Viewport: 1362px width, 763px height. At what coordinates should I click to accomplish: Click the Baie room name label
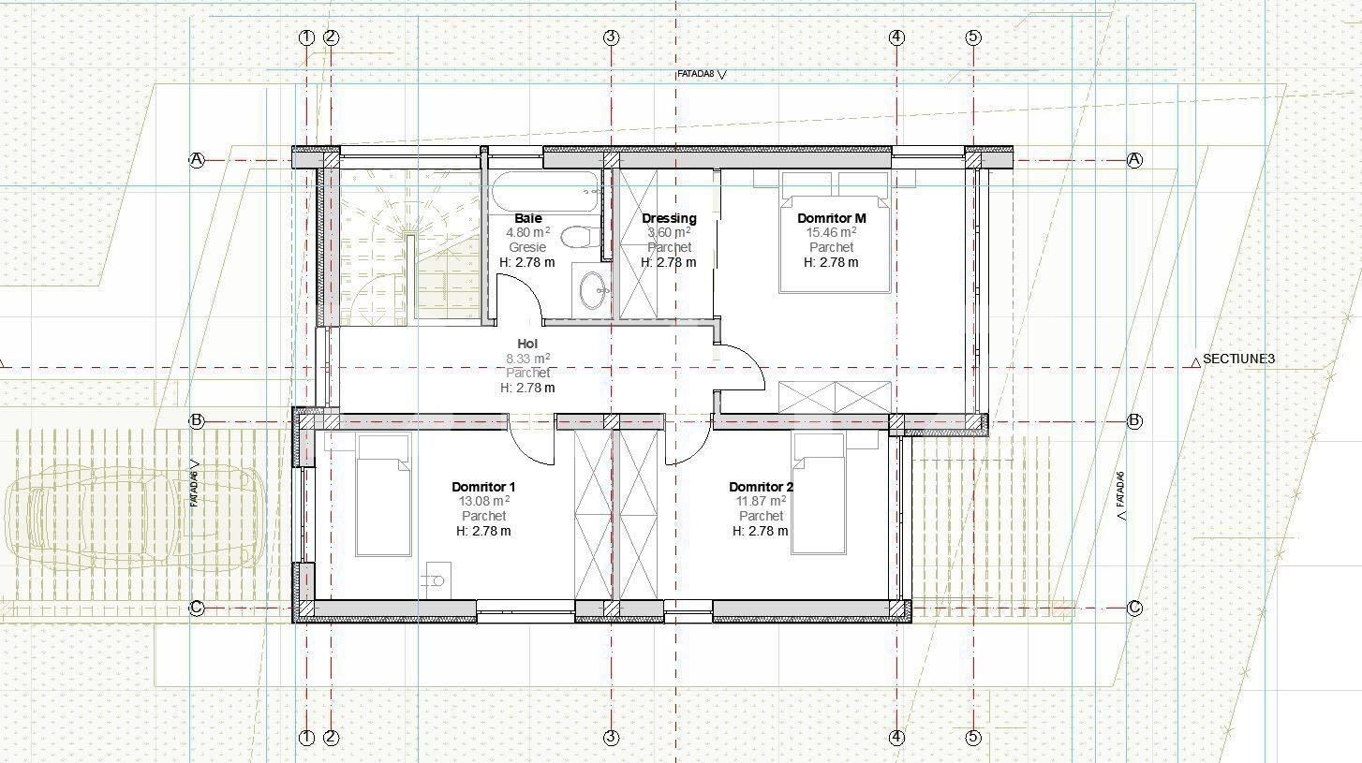click(x=527, y=218)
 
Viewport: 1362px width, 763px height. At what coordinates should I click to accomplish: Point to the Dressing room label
click(x=669, y=218)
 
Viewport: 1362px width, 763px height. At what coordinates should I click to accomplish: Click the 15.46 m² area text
click(x=831, y=232)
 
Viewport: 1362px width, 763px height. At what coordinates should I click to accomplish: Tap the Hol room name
click(x=527, y=344)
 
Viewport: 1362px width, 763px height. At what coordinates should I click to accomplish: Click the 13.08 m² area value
click(x=484, y=501)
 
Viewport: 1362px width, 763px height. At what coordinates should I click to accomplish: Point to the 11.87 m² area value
click(x=761, y=501)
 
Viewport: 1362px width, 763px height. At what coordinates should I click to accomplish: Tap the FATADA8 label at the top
click(x=695, y=74)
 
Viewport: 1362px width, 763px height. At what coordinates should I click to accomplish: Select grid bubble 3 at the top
click(x=611, y=37)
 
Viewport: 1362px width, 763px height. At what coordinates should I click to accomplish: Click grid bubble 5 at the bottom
click(x=973, y=738)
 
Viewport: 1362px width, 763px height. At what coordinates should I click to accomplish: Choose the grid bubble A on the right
click(x=1134, y=160)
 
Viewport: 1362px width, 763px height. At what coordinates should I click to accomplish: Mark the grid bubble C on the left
click(x=197, y=609)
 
